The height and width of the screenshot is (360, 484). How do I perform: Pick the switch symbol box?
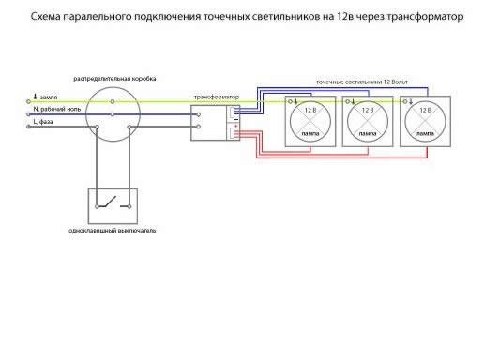coord(113,203)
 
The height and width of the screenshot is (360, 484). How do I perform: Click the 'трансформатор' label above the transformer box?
coord(215,97)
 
